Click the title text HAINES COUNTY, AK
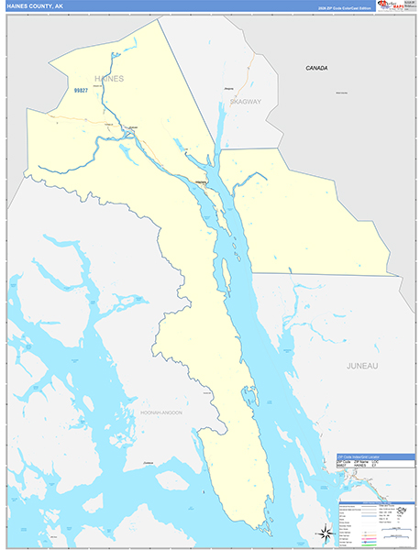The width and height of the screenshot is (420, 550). coord(36,6)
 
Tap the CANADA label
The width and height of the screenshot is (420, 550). coord(317,68)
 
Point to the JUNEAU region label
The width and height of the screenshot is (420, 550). coord(362,366)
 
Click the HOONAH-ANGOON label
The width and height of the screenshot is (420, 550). coord(160,412)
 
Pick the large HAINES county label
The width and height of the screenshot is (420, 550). coord(108,79)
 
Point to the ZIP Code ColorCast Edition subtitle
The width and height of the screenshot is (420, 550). coord(344,7)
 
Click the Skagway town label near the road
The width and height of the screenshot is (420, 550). coord(228,88)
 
